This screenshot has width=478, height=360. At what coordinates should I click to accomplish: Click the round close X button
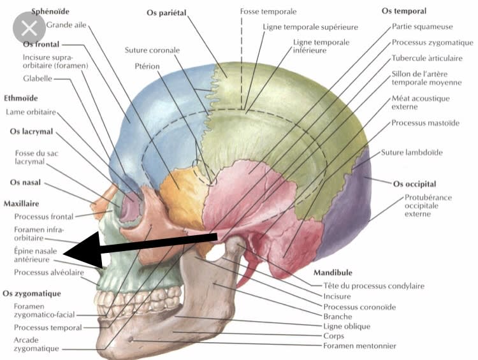point(28,28)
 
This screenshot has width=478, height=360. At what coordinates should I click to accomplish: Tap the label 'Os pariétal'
point(168,12)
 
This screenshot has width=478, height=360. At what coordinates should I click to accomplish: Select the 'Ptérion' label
point(148,66)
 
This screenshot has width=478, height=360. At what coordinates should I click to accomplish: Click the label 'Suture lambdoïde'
point(412,152)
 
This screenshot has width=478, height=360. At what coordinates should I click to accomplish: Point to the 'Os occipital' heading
point(416,184)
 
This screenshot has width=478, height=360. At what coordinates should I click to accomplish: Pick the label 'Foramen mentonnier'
point(359,346)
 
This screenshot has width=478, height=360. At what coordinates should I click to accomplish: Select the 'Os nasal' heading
point(25,182)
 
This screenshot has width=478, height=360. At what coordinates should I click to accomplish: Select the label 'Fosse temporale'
point(268,12)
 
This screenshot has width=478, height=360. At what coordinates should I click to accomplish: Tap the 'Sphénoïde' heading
point(51,12)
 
